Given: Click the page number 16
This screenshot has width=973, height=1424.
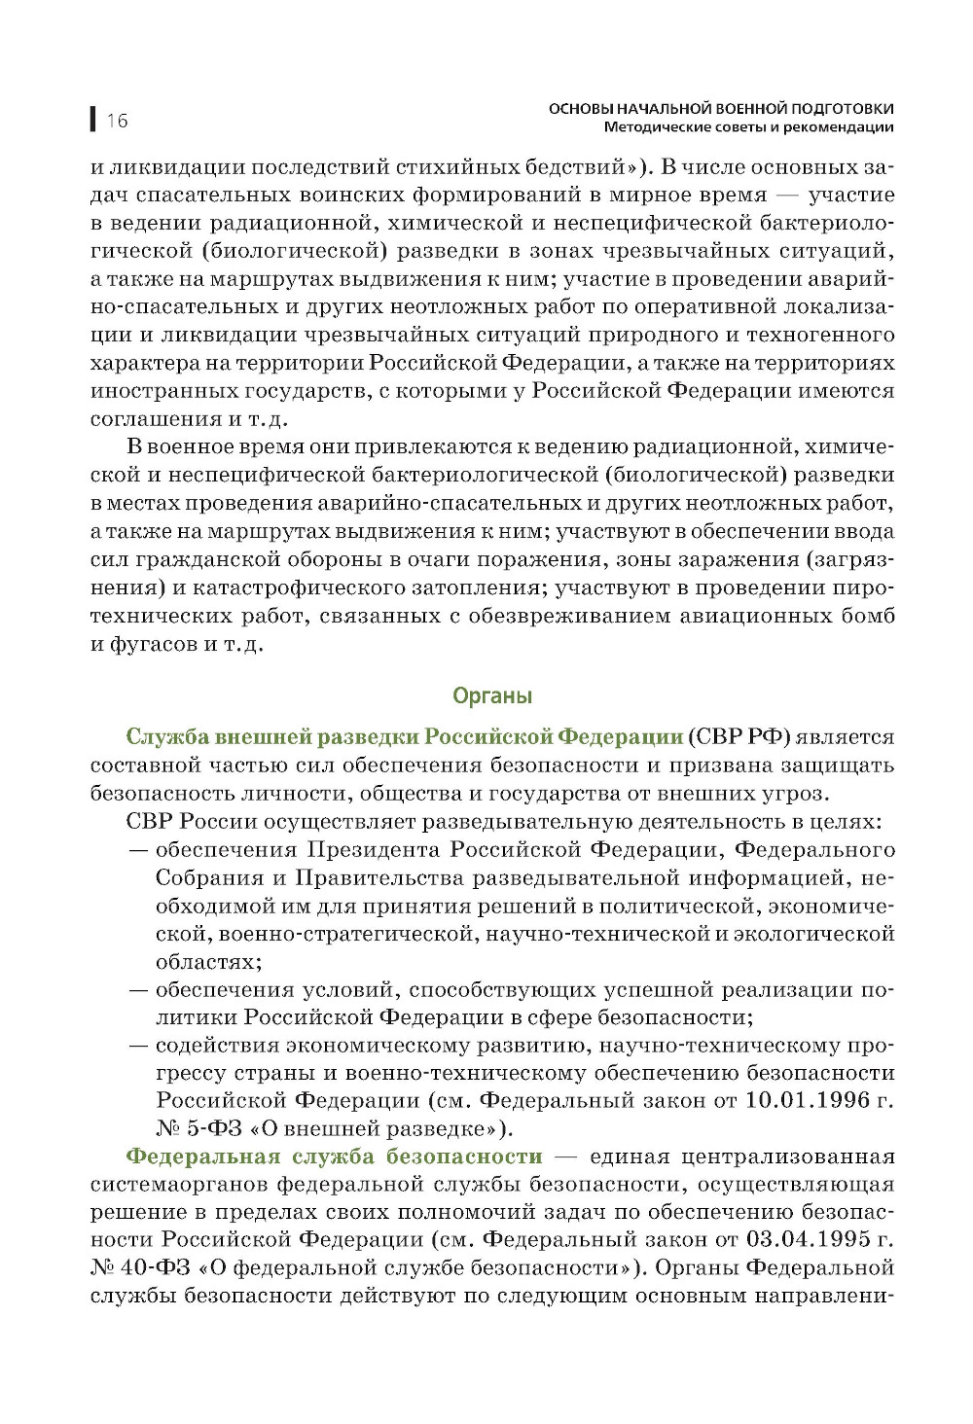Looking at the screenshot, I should coord(118,121).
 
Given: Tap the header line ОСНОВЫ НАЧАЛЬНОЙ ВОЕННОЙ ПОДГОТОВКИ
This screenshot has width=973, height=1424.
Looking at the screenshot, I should coord(721,109).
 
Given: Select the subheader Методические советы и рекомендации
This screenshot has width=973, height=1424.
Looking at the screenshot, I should coord(748,127).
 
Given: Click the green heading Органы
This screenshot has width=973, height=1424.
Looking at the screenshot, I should coord(492,696).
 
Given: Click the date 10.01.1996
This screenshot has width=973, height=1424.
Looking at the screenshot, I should coord(806,1100).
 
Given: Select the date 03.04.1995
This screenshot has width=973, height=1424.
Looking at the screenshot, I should coord(806,1240).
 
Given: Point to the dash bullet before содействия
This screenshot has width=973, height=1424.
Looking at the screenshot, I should coord(138,1046).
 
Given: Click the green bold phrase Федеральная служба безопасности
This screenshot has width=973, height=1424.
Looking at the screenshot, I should coord(334,1157).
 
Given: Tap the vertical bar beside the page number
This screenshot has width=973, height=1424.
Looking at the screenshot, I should coord(93,120).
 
